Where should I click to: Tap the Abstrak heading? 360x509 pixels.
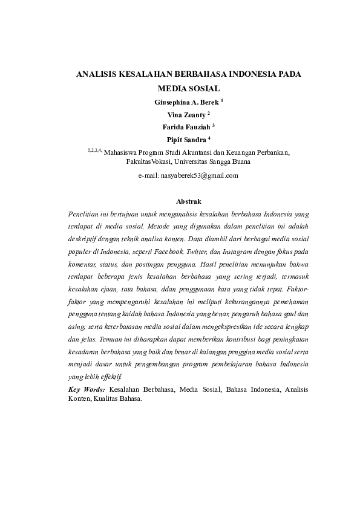pyautogui.click(x=188, y=201)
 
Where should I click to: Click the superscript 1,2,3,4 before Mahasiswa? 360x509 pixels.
pyautogui.click(x=95, y=151)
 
